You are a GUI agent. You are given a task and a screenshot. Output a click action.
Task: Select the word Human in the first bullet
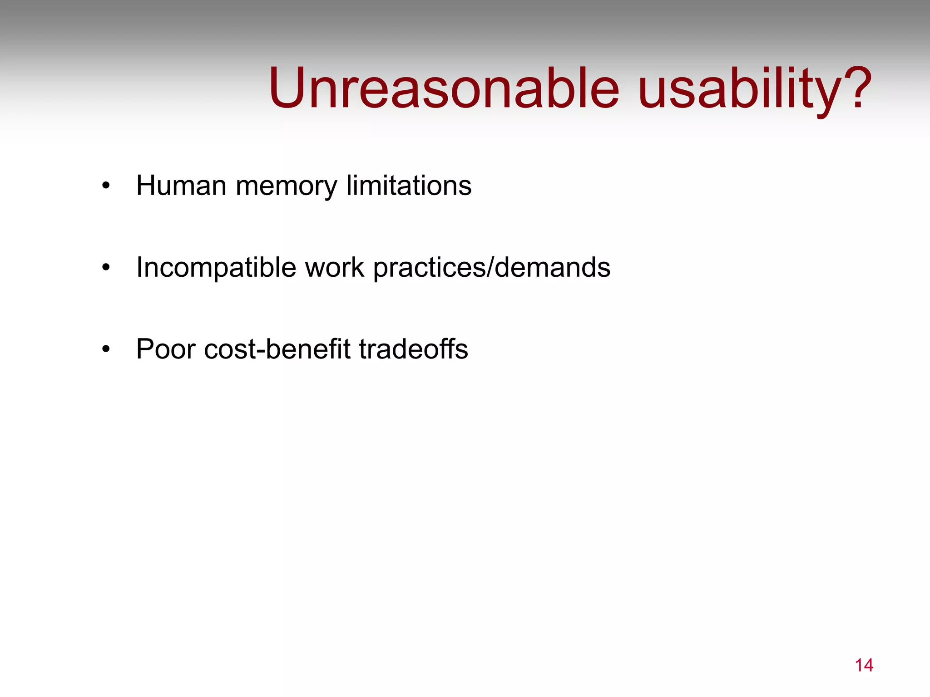tap(181, 186)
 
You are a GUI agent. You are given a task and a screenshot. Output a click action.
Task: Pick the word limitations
tap(409, 186)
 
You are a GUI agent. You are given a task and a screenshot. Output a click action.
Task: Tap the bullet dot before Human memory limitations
tap(106, 186)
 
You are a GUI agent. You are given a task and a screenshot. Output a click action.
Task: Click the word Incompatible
tap(216, 267)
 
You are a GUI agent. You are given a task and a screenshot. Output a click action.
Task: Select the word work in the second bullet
tap(334, 267)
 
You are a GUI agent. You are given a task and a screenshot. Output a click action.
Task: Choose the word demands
tap(552, 267)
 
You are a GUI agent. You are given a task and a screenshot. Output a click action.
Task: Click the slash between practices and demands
tap(490, 267)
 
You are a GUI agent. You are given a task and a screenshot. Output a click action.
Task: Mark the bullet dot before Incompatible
tap(106, 267)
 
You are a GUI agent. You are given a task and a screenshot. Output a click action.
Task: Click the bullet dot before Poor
tap(106, 349)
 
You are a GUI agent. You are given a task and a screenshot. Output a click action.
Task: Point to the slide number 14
tap(864, 665)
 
